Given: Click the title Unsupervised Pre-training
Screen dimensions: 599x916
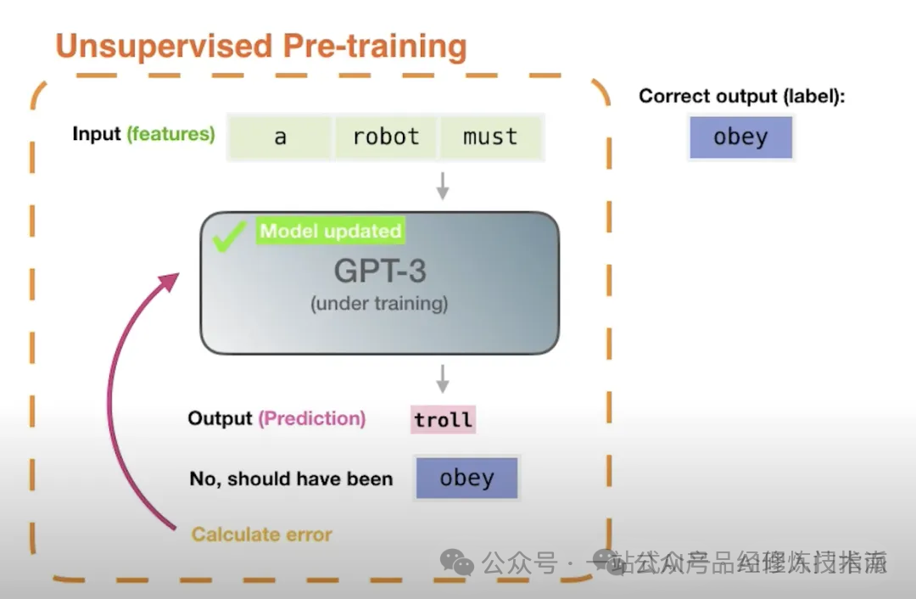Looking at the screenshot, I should (x=261, y=46).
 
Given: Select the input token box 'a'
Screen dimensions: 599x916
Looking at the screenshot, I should (x=280, y=137).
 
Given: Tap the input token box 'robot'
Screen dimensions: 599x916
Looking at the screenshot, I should (x=386, y=137).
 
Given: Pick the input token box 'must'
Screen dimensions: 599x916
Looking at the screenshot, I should (x=490, y=137).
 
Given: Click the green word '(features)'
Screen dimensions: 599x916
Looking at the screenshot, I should (x=170, y=134).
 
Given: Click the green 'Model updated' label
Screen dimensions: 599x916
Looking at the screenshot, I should (x=330, y=231).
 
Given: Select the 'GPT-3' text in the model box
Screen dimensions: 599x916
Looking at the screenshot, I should (x=379, y=271).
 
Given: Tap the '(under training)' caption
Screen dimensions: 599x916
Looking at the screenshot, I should (x=379, y=304).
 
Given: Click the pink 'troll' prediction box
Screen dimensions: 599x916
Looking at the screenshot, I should (x=443, y=419).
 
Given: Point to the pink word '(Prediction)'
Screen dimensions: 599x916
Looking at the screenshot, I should (x=312, y=418).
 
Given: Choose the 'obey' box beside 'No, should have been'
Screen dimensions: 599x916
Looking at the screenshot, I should (x=466, y=478).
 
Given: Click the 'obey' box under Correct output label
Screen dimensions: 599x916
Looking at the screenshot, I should (x=740, y=137).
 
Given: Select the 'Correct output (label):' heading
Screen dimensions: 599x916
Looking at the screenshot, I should (x=742, y=96).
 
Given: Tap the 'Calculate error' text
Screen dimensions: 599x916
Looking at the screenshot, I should (x=261, y=535).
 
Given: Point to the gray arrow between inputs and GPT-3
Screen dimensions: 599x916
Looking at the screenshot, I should (x=442, y=187).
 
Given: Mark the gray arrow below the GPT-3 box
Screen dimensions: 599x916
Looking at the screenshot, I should (x=442, y=379).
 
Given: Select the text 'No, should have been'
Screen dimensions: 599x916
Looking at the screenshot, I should (x=291, y=479).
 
